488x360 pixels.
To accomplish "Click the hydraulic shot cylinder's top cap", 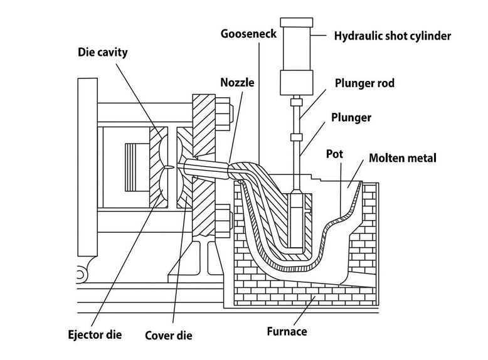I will (297, 22).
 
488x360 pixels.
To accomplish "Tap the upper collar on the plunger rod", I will (296, 102).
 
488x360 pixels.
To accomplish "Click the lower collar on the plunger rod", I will (296, 137).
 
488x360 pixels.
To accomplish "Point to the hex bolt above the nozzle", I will (226, 115).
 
